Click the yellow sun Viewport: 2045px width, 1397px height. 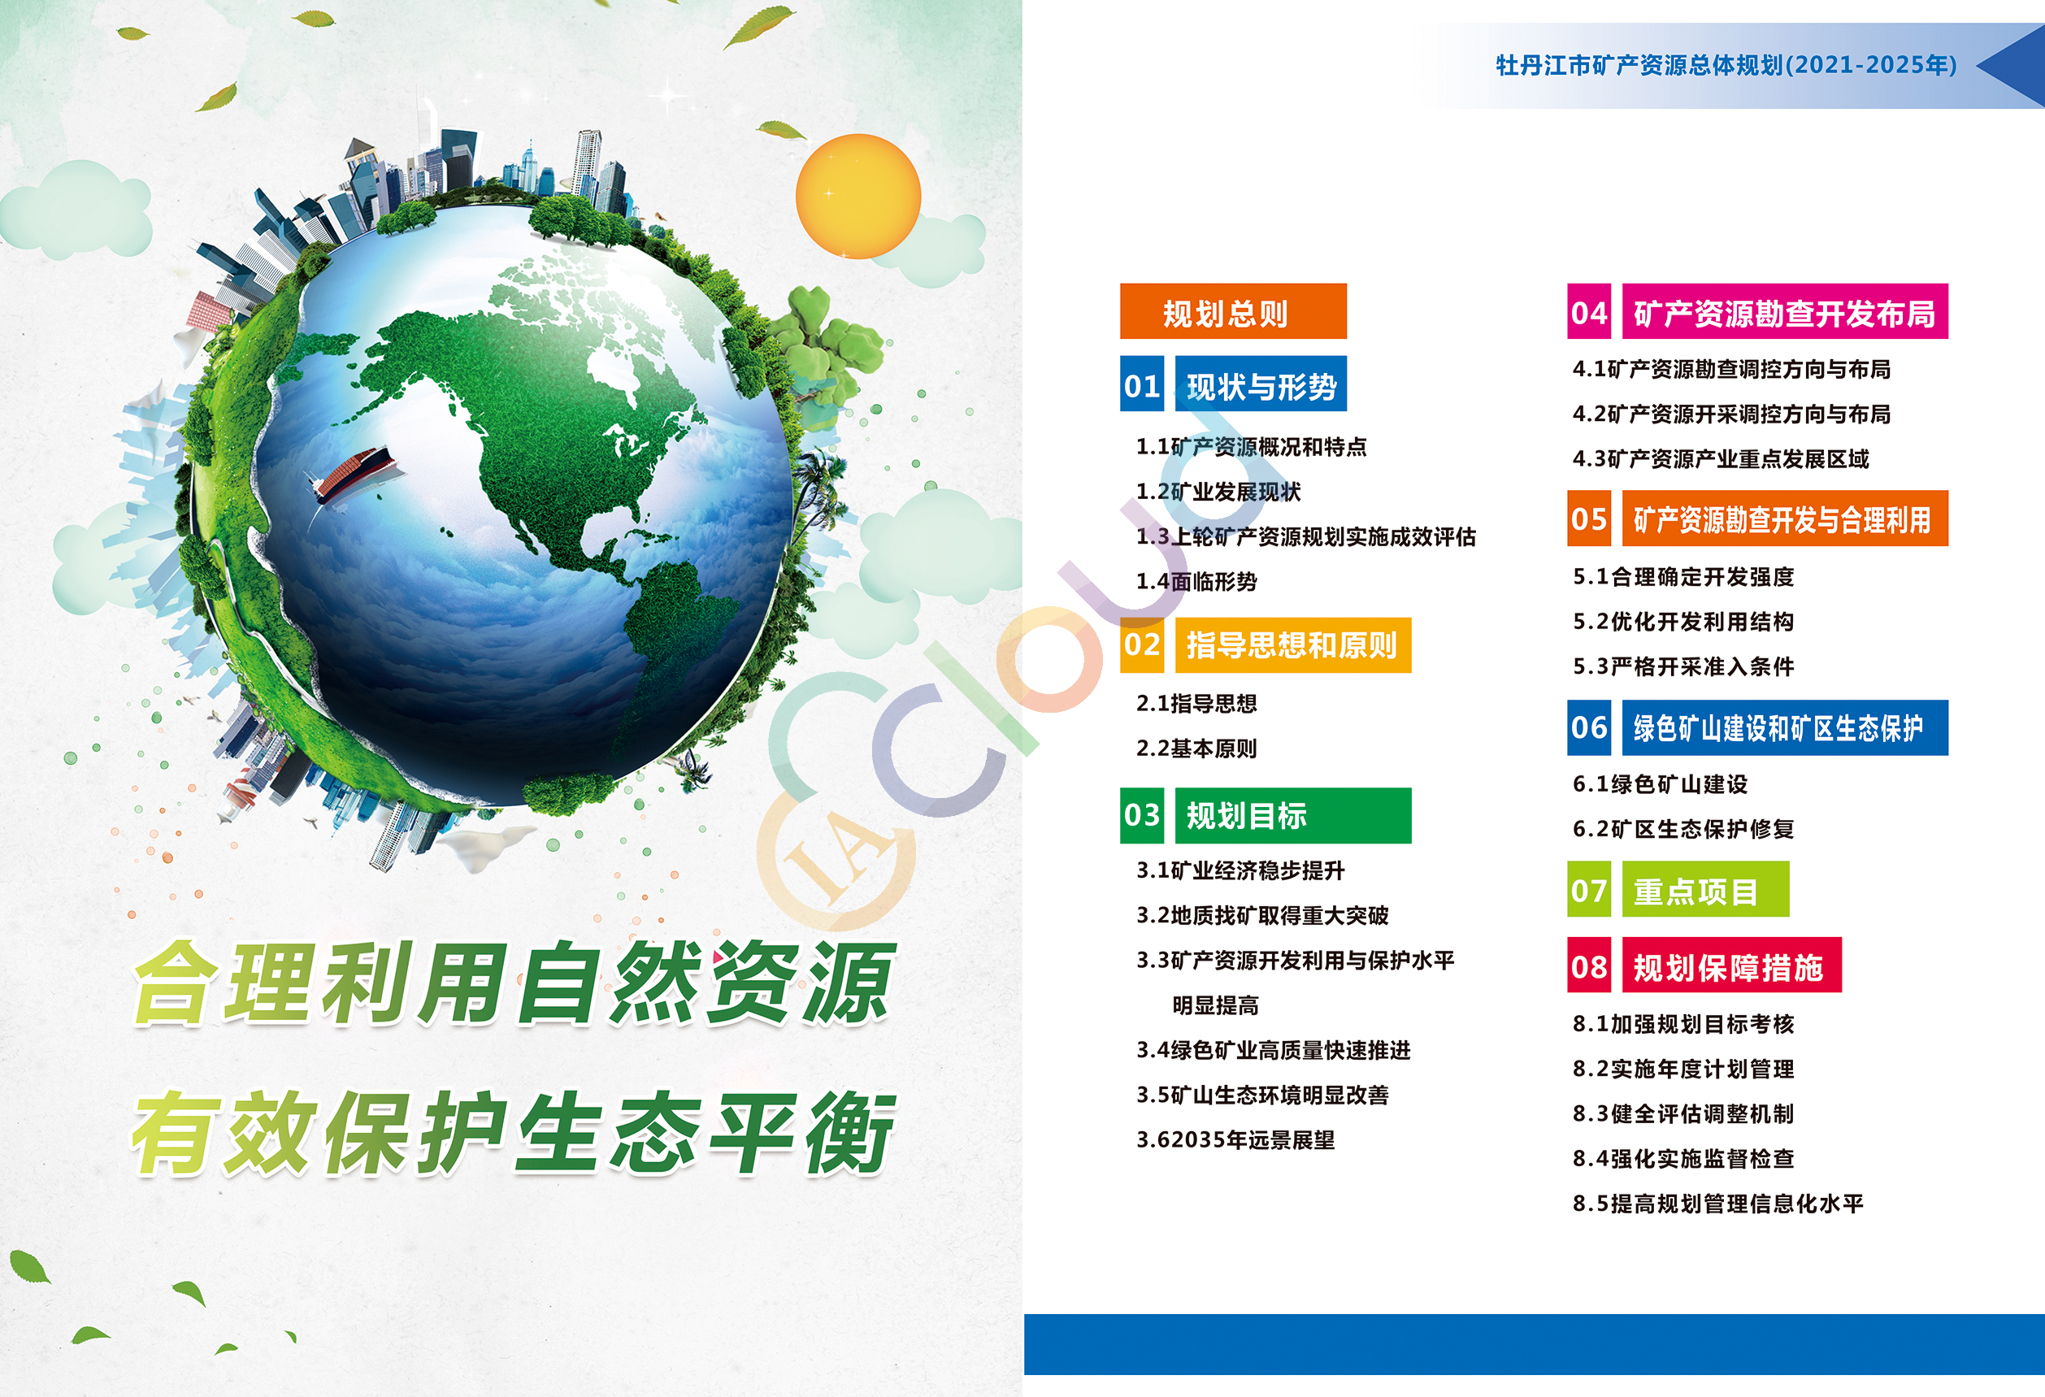pyautogui.click(x=858, y=196)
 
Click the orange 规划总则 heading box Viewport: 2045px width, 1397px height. pyautogui.click(x=1233, y=311)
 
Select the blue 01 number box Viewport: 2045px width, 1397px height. pyautogui.click(x=1142, y=384)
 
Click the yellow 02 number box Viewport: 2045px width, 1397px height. pyautogui.click(x=1142, y=644)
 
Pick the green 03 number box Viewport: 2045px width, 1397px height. pyautogui.click(x=1142, y=815)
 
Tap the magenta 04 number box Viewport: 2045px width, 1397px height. pyautogui.click(x=1589, y=311)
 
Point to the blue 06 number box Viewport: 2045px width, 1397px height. pyautogui.click(x=1589, y=727)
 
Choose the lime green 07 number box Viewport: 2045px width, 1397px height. pyautogui.click(x=1589, y=889)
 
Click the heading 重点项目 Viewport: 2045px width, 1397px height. pyautogui.click(x=1695, y=892)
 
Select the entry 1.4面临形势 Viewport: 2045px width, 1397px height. pyautogui.click(x=1196, y=582)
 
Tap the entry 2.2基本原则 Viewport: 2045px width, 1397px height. pyautogui.click(x=1196, y=748)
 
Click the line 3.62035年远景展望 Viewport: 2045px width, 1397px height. pyautogui.click(x=1235, y=1140)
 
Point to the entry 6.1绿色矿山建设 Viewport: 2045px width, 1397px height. pyautogui.click(x=1661, y=784)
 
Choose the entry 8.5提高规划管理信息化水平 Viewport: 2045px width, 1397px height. pyautogui.click(x=1718, y=1204)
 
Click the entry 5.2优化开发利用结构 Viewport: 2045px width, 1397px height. pyautogui.click(x=1683, y=622)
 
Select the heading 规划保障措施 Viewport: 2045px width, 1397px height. pyautogui.click(x=1728, y=967)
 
